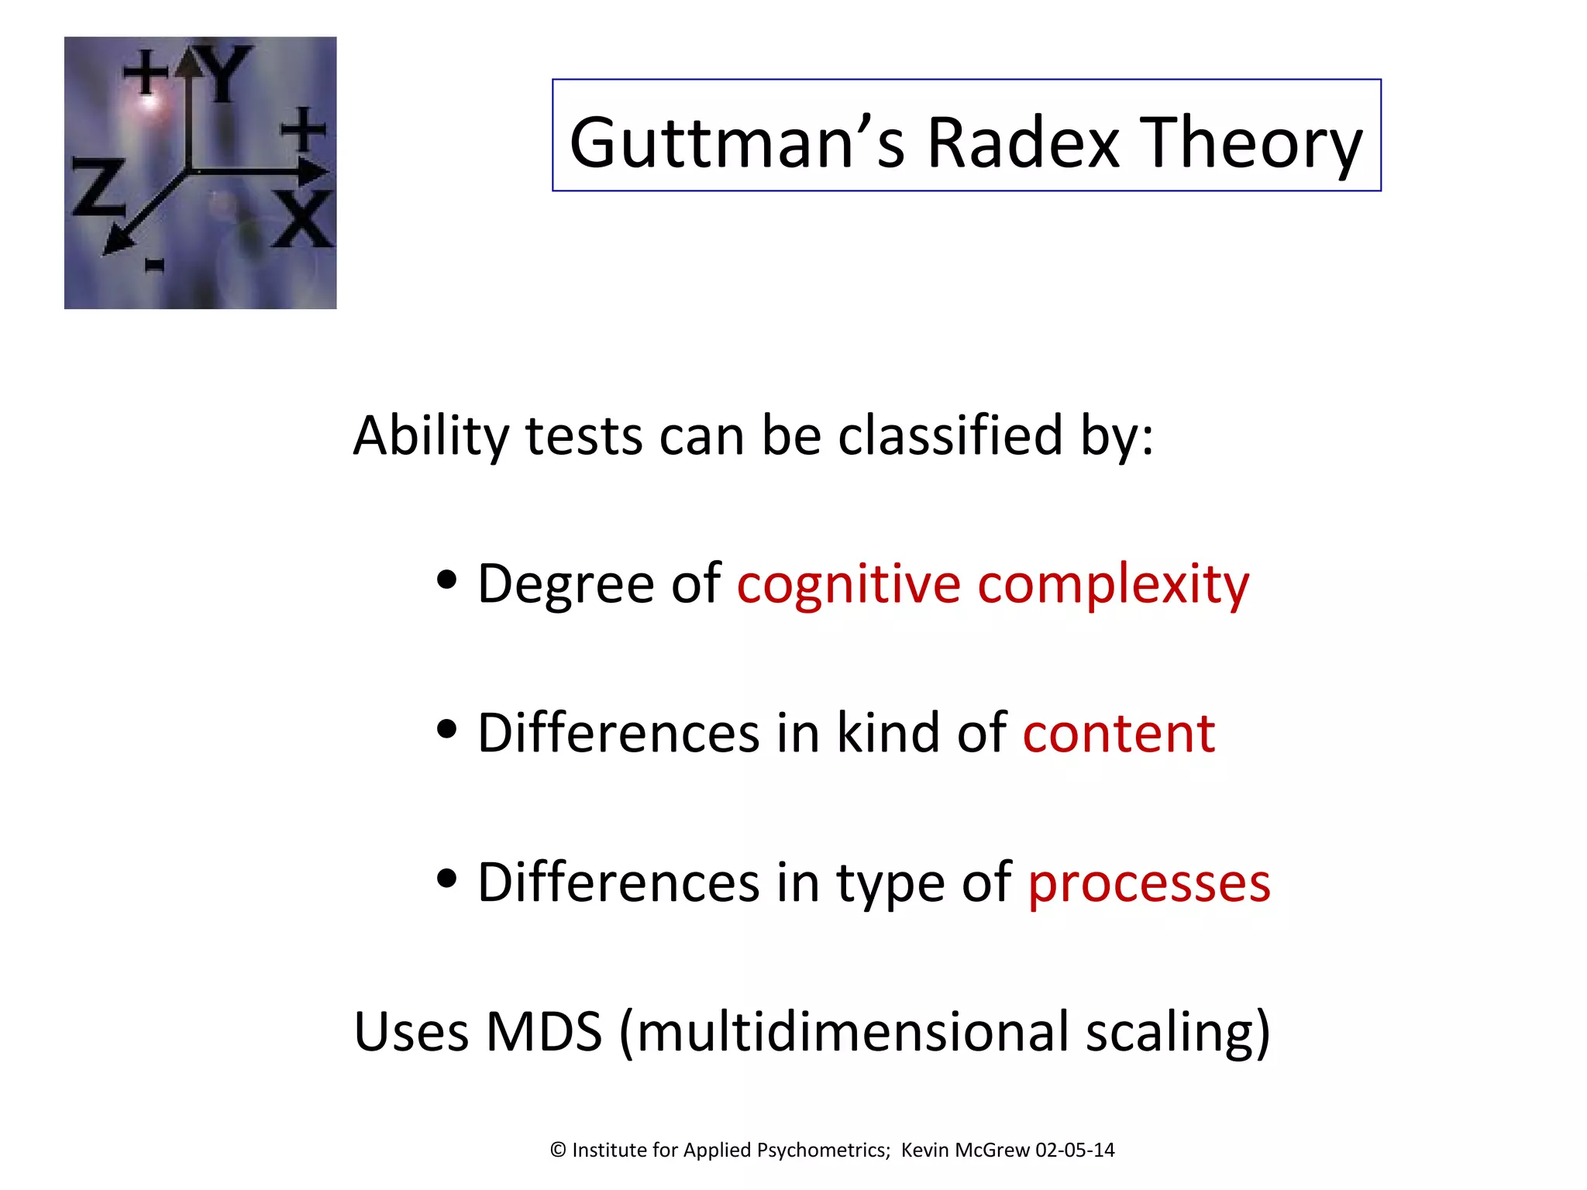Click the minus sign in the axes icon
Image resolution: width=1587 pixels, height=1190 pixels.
tap(155, 267)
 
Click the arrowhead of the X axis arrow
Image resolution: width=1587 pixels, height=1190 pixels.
tap(314, 172)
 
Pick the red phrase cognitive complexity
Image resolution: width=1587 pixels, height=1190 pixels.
tap(993, 584)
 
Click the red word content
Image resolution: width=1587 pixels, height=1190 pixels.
tap(1118, 733)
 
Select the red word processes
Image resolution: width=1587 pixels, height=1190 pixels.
tap(1149, 882)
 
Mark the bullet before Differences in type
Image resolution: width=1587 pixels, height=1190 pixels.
tap(446, 879)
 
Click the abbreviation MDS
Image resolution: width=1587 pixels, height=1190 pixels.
tap(543, 1032)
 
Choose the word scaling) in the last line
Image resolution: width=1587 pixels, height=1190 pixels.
tap(1177, 1032)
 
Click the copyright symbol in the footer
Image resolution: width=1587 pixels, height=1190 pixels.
tap(558, 1150)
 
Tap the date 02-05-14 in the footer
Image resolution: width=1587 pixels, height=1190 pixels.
tap(1075, 1150)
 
